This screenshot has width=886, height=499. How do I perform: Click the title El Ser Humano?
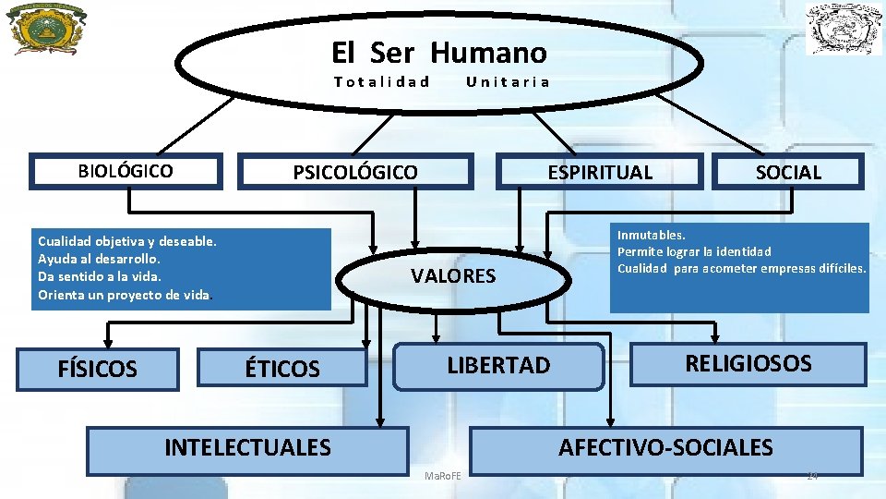click(438, 52)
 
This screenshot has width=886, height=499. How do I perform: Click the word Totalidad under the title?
click(382, 81)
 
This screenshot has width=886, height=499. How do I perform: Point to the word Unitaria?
click(509, 81)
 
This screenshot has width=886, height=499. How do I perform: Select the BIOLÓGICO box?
click(126, 171)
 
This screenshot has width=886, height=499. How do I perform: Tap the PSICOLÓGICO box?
click(355, 172)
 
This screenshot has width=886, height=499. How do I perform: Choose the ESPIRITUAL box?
click(600, 172)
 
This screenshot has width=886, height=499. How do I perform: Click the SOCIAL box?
click(788, 172)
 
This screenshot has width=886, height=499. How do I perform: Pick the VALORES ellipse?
click(452, 275)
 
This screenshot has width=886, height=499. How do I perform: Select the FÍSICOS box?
click(97, 370)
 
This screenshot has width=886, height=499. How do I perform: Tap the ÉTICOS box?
click(282, 370)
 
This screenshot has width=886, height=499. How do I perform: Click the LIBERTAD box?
click(498, 365)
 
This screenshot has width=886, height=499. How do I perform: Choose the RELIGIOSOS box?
click(748, 363)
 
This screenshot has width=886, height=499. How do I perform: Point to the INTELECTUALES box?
click(247, 448)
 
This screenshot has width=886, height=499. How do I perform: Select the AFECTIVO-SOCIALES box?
click(665, 448)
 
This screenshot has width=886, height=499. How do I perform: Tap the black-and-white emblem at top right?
click(844, 29)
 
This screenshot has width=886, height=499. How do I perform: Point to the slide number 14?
click(812, 475)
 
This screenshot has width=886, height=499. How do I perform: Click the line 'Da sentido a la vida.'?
click(100, 276)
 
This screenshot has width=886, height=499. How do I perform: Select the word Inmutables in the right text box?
click(651, 236)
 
